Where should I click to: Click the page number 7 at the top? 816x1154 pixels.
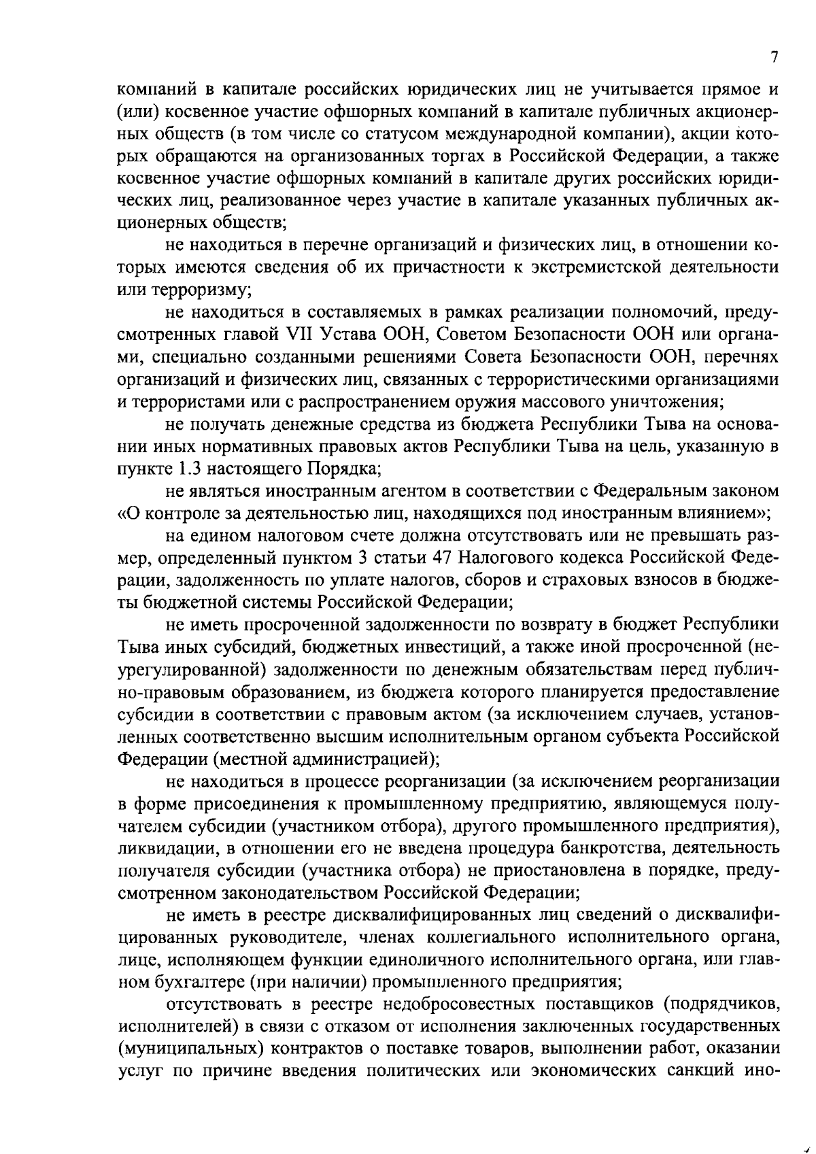coord(774,58)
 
